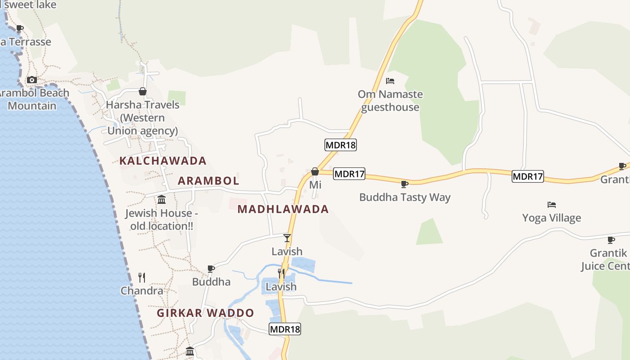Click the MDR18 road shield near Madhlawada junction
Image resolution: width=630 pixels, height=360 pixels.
coord(341,145)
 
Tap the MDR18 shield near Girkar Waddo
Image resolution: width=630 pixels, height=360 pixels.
coord(285,329)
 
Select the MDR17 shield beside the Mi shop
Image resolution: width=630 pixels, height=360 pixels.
coord(349,174)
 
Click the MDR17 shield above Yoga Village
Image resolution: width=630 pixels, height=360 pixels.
coord(528,176)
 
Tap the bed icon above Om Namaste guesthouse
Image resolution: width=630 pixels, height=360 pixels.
coord(390,81)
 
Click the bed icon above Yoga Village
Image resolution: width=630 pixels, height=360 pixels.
coord(552,205)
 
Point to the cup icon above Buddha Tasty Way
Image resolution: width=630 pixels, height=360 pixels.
coord(404,184)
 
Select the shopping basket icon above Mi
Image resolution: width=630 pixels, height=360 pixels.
coord(315,171)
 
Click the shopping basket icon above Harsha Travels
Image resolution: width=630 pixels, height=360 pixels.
coord(143,91)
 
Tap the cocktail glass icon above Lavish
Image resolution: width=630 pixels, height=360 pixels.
coord(287,238)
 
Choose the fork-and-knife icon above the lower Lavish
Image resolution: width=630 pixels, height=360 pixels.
coord(281,273)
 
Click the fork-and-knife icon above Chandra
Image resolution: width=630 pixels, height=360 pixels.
coord(142,277)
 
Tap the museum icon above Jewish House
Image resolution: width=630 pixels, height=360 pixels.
coord(162,199)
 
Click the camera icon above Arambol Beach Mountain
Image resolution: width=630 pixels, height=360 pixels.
coord(31,80)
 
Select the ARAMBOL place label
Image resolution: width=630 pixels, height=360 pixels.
coord(208,181)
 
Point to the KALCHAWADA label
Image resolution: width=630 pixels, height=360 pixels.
coord(163,161)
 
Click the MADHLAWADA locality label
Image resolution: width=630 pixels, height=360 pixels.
coord(283,209)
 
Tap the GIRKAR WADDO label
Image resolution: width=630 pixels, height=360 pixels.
coord(205,313)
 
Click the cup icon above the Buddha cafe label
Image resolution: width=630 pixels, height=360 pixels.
coord(211,269)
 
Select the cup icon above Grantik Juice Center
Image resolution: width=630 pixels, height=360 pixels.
coord(611,240)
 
